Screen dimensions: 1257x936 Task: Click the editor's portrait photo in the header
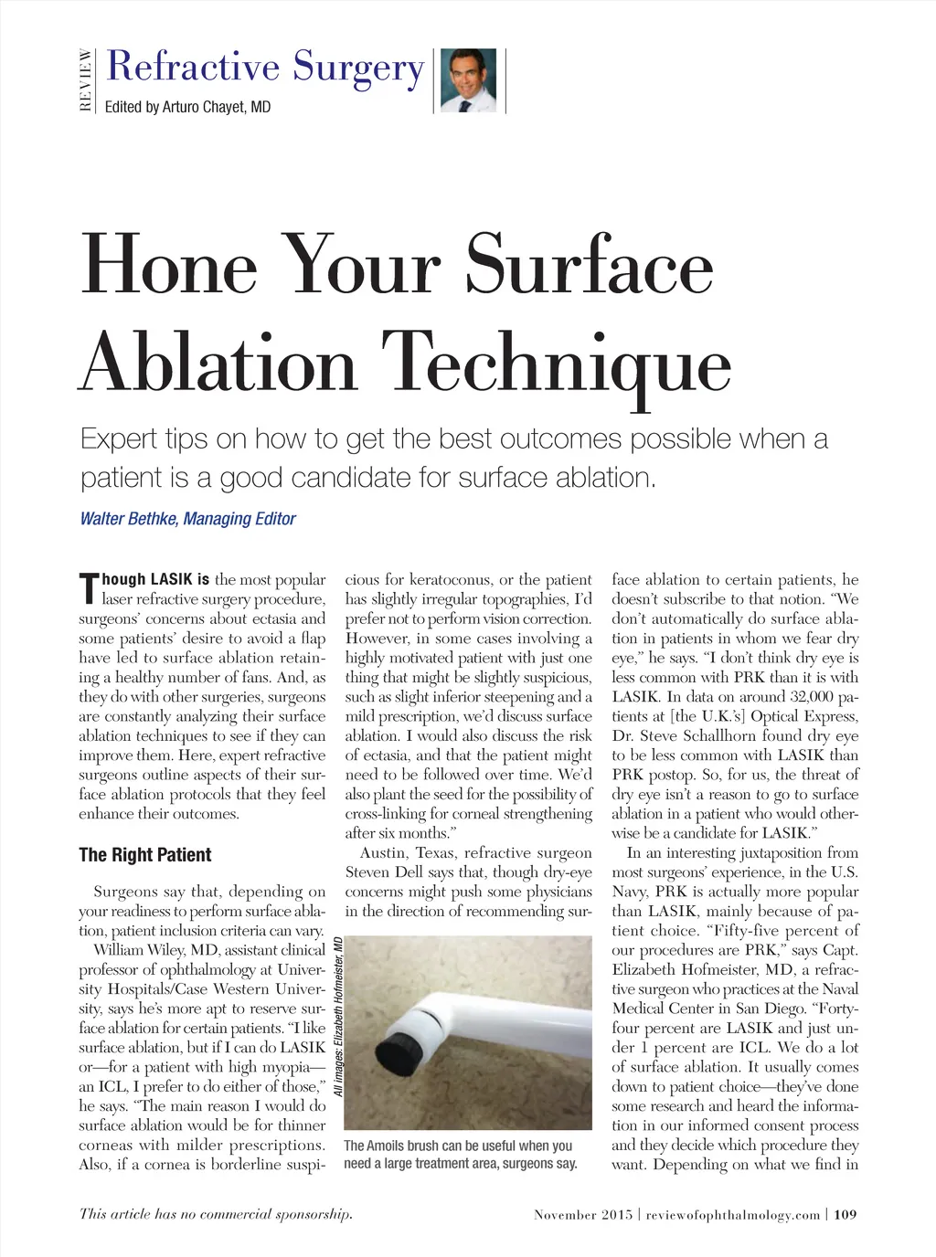[468, 80]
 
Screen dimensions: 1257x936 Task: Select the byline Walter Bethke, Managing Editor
[187, 519]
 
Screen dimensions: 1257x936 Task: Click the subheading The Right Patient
[144, 855]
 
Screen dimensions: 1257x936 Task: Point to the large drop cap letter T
[88, 589]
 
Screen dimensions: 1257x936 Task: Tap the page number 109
[846, 1215]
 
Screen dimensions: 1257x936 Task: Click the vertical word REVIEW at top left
[85, 79]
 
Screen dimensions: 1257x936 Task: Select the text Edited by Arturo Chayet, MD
[187, 107]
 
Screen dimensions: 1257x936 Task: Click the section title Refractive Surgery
[265, 67]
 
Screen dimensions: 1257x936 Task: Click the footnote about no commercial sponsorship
[216, 1214]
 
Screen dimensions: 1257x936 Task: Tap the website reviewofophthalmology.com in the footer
[732, 1215]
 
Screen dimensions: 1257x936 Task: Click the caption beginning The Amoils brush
[460, 1155]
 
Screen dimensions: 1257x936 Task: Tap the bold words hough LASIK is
[155, 579]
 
